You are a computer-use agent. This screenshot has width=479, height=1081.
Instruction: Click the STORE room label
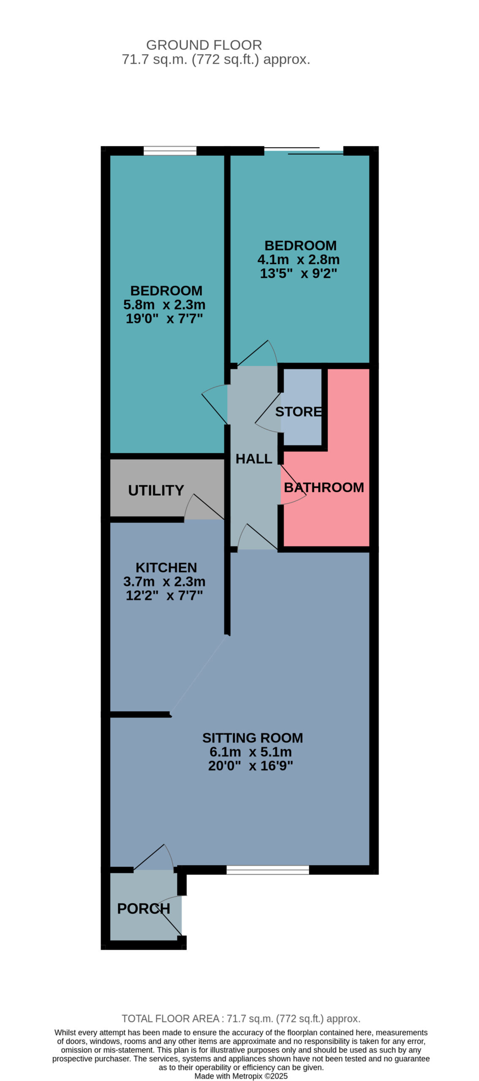298,411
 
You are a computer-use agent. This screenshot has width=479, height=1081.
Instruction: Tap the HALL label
253,459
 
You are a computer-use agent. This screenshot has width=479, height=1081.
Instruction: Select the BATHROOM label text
324,487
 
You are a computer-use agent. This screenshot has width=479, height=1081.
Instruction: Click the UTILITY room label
156,490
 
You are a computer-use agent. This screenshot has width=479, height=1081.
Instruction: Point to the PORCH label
143,909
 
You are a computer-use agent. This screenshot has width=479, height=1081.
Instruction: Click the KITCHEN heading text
166,568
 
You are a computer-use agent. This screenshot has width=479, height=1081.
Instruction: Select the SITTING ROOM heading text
252,738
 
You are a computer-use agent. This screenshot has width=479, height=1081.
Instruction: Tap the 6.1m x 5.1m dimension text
250,752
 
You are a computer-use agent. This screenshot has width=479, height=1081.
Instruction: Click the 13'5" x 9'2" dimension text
298,273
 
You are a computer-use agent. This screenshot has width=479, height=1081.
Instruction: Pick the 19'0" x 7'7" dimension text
164,318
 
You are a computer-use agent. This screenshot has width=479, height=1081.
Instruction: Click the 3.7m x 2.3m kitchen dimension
164,581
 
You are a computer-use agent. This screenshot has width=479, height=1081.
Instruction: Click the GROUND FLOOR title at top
204,45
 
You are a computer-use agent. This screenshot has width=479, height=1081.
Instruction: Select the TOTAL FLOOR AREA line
241,1019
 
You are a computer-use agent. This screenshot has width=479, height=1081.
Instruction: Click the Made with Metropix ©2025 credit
241,1076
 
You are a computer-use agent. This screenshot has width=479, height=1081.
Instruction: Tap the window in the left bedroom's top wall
170,151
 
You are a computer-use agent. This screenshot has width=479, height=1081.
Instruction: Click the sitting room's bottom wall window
267,870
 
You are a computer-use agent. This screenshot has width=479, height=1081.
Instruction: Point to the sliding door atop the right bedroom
303,151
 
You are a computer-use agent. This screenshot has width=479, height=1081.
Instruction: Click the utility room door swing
204,506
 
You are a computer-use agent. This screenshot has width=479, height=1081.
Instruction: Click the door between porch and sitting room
153,857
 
